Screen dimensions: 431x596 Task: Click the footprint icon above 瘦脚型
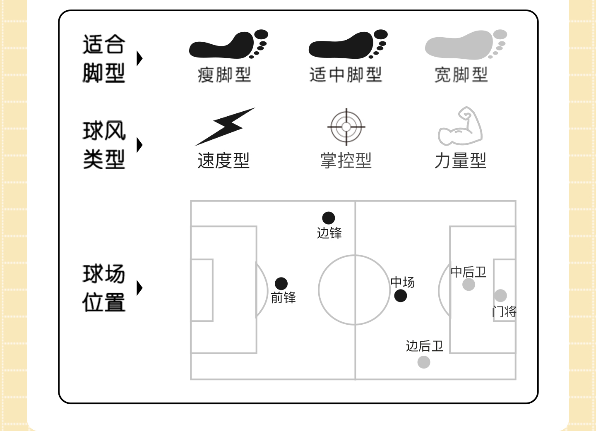228,44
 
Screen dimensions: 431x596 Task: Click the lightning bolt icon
225,126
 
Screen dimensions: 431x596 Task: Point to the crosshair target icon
346,127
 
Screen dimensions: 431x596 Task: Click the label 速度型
223,160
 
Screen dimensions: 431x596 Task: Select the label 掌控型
346,160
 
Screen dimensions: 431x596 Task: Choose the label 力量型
460,160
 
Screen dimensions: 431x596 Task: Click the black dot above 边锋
329,218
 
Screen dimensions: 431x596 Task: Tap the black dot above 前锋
281,283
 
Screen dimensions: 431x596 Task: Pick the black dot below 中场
400,296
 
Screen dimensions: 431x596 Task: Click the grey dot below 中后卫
469,285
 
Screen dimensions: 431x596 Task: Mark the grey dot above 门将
500,295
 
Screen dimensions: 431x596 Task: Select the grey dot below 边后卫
424,362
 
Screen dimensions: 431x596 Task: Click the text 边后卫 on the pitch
425,346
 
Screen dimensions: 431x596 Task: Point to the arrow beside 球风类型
139,145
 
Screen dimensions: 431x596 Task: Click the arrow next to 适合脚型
139,58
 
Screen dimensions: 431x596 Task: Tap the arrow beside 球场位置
139,288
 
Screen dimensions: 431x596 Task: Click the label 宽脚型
461,75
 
